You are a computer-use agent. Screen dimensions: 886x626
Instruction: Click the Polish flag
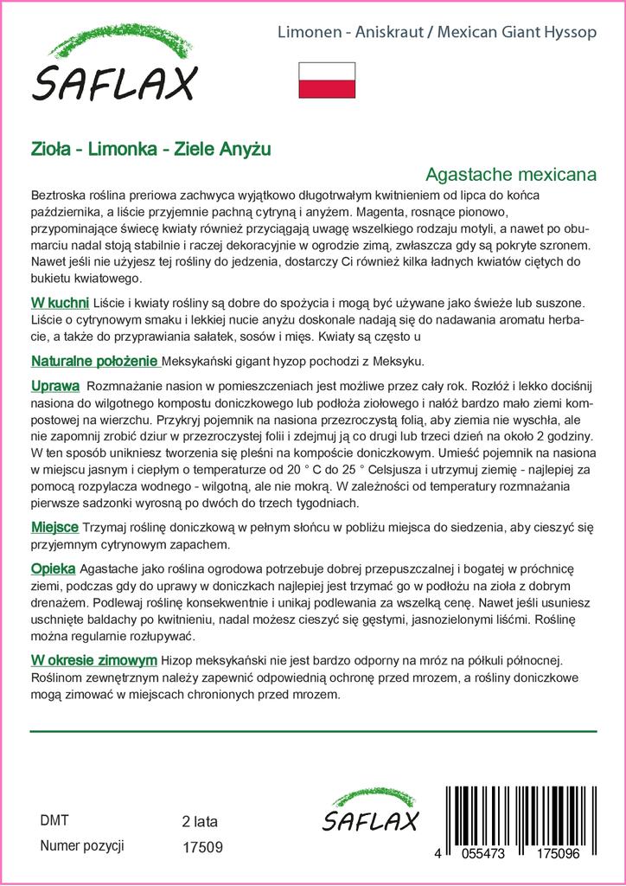327,80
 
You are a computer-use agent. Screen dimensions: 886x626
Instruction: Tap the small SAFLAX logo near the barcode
369,812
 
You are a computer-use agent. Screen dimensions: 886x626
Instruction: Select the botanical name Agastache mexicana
512,174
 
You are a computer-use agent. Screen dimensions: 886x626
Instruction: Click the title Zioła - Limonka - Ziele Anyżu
151,149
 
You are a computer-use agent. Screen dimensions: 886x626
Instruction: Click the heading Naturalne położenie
93,360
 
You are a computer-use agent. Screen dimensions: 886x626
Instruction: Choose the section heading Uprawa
55,385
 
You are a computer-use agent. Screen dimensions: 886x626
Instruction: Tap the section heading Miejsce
54,527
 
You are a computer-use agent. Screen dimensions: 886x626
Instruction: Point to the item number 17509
203,848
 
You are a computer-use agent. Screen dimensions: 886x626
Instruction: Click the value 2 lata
201,821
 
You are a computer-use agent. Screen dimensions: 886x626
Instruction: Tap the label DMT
54,820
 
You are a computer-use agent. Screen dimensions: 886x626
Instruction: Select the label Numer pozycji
83,846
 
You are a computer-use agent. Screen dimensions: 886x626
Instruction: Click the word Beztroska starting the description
61,194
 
